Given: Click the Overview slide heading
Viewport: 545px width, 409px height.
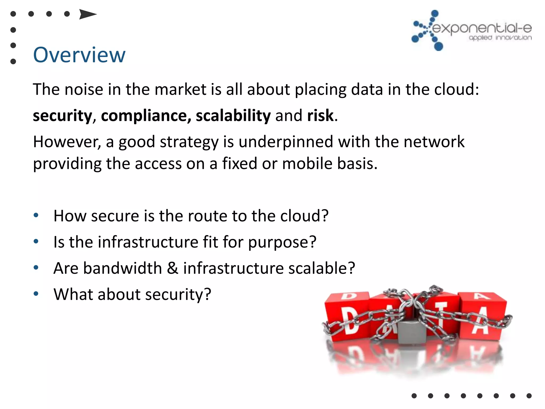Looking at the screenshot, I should (x=79, y=55).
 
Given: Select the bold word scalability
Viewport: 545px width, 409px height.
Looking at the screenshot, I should (x=233, y=116).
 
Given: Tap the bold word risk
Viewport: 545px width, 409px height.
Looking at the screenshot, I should (x=320, y=115).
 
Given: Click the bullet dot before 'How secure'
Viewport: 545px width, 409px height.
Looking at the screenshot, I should (x=36, y=215).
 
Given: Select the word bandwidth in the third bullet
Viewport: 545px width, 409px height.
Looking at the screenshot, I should (x=122, y=268).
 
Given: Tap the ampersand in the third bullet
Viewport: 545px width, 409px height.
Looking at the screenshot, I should (x=173, y=268).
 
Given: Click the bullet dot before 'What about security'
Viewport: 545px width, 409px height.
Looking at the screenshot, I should (x=36, y=294).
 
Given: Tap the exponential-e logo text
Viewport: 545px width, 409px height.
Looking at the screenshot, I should (x=482, y=28).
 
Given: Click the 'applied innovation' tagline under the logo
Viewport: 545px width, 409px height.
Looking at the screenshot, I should (x=500, y=38).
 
